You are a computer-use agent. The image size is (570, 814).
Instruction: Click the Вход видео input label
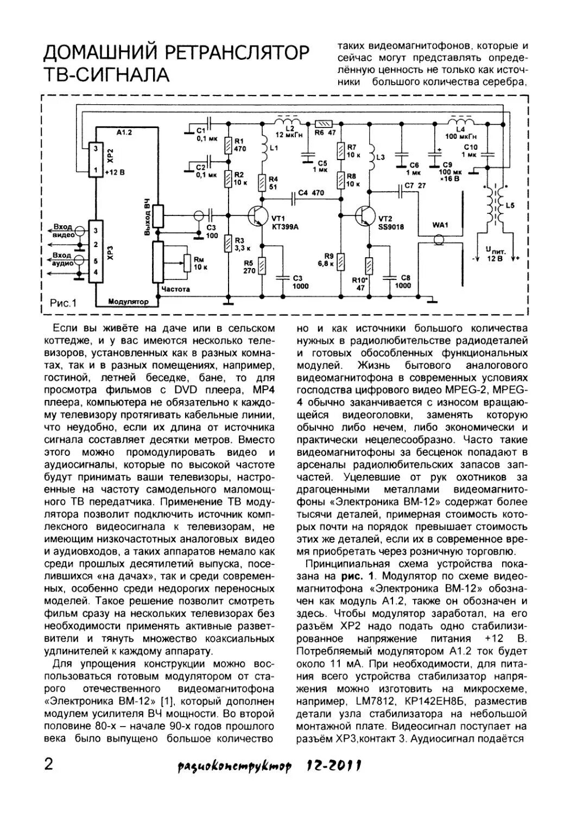click(63, 231)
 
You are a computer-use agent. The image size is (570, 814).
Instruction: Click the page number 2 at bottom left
click(48, 765)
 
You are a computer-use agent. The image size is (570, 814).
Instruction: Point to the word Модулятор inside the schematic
click(128, 301)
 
